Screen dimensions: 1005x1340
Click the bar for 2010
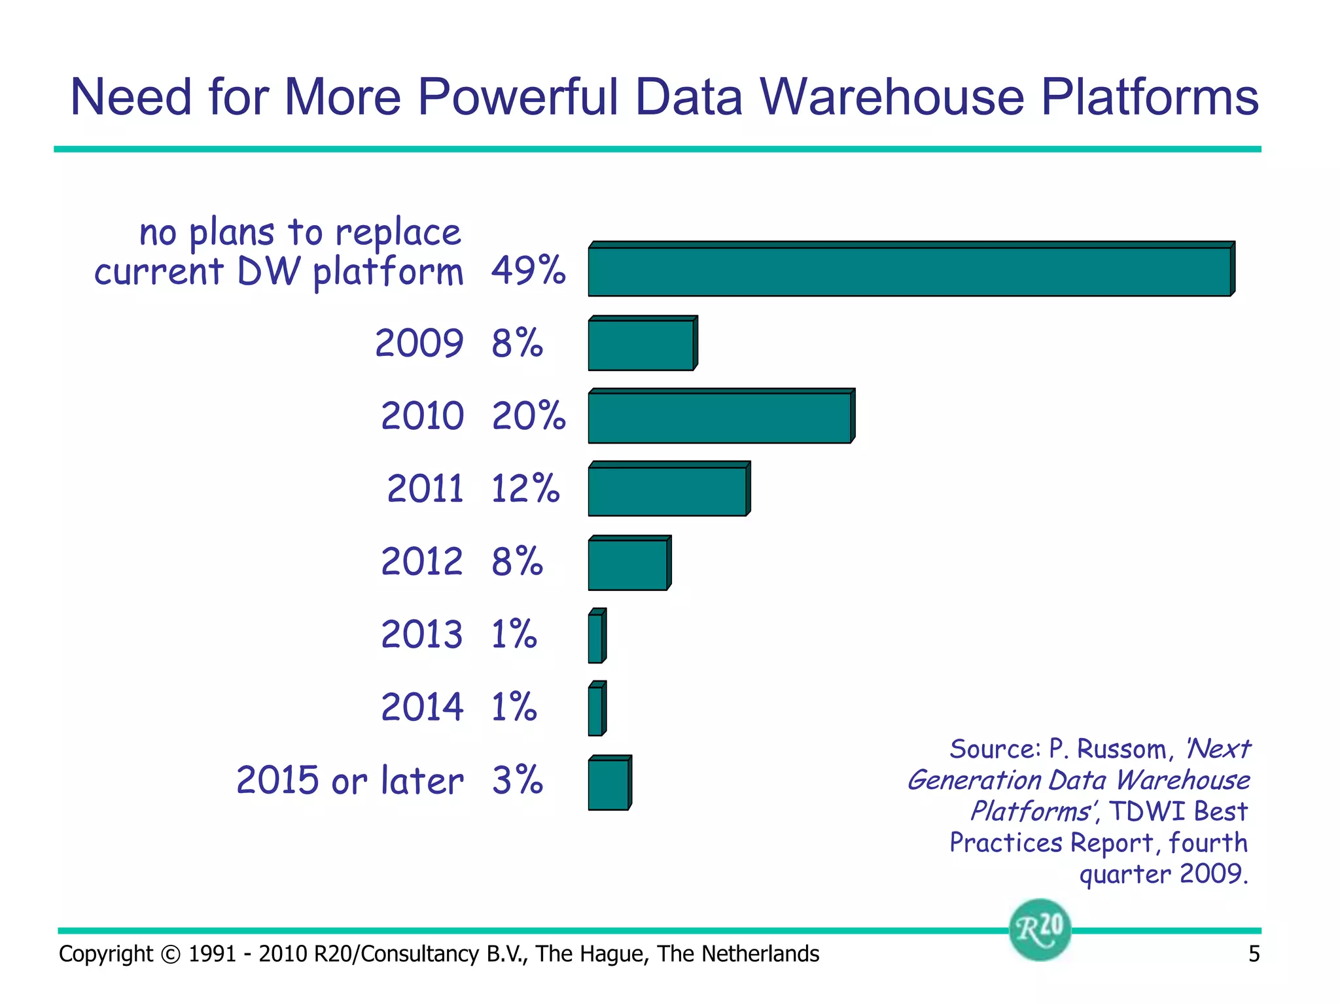(x=720, y=417)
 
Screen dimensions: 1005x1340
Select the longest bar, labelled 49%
(x=909, y=270)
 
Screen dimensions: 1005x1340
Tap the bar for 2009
(x=641, y=345)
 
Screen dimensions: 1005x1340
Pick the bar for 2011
(x=667, y=491)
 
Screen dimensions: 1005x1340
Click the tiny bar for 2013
(x=596, y=637)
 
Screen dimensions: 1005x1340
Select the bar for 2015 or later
(x=608, y=784)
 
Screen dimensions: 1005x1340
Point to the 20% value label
(x=529, y=416)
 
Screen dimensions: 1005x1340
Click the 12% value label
(x=525, y=489)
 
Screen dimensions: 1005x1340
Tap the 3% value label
(x=518, y=781)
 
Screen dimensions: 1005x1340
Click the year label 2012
(x=422, y=562)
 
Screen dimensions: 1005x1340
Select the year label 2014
(x=422, y=707)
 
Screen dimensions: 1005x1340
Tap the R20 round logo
(x=1040, y=930)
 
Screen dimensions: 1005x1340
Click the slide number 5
(x=1254, y=954)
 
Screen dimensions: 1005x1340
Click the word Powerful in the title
(x=518, y=97)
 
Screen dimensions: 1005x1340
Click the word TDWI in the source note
(x=1148, y=812)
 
